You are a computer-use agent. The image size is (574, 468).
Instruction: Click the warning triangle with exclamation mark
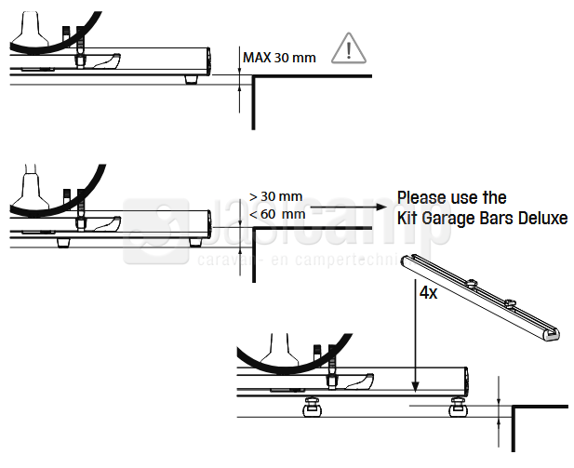(x=348, y=48)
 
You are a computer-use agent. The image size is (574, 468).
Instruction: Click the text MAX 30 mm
(x=279, y=58)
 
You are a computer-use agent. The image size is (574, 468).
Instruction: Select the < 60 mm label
(x=277, y=215)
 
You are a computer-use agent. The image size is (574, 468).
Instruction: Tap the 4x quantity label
(x=429, y=292)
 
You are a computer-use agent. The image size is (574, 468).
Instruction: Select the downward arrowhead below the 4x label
(x=411, y=381)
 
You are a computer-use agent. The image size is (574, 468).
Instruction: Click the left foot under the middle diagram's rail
(x=65, y=241)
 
